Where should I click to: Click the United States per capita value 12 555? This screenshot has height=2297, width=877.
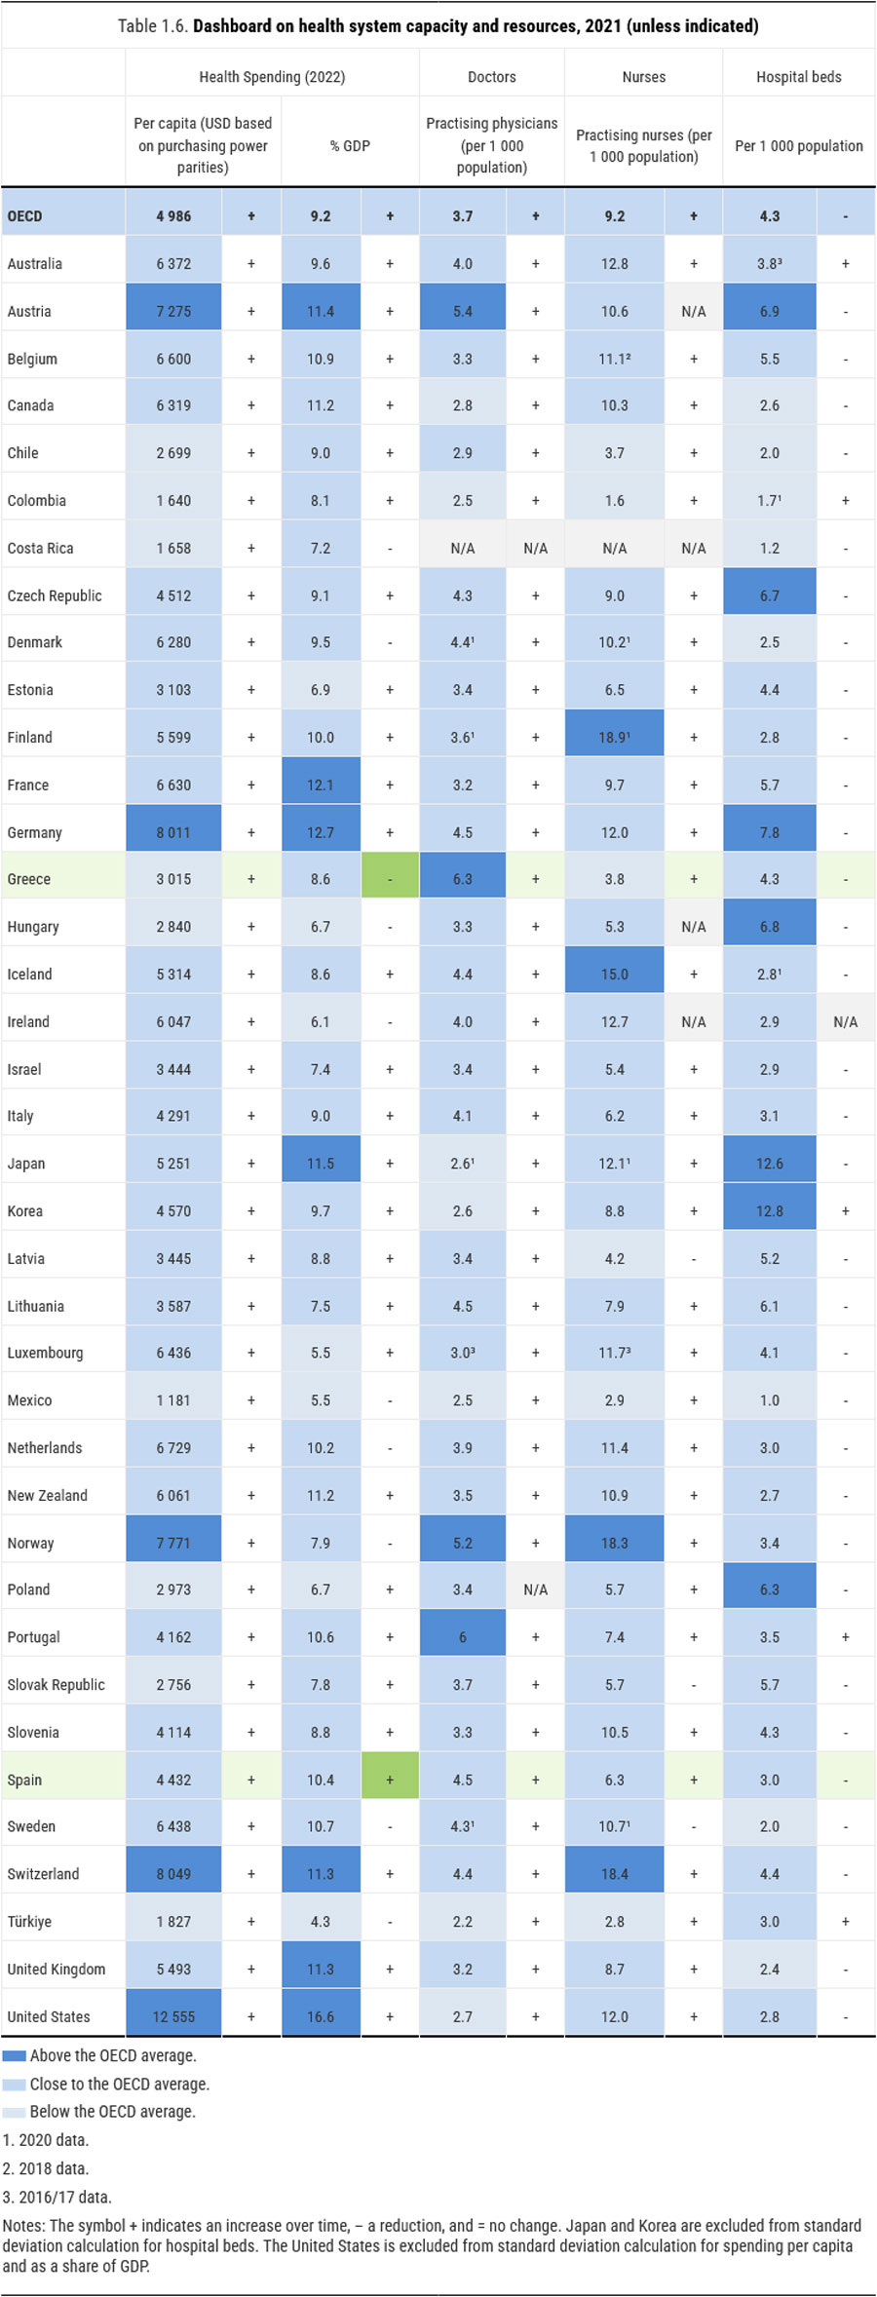[173, 2016]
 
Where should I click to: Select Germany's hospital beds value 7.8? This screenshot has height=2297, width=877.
[769, 832]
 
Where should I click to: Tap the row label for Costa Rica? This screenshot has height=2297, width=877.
[40, 548]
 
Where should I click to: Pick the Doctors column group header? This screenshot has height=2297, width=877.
[491, 77]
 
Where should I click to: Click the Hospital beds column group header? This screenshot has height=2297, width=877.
[798, 77]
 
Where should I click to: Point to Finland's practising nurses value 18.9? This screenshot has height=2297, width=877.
[614, 737]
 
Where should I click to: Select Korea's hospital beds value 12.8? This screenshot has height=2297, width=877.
[769, 1210]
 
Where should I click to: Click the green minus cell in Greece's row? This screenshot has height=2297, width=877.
[390, 879]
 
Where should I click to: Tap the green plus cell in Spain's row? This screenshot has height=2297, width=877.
[390, 1780]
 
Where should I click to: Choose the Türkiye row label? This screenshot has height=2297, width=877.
[29, 1921]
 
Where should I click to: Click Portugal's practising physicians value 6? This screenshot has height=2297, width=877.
[462, 1637]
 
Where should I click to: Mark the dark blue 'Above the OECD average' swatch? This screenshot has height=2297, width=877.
[14, 2055]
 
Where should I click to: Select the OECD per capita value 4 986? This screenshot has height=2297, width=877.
[173, 216]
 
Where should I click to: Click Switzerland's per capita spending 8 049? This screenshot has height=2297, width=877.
[173, 1874]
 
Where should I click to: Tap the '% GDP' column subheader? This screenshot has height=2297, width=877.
[350, 146]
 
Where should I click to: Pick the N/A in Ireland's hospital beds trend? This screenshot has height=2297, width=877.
[845, 1021]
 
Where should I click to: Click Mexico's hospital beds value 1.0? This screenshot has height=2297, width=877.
[769, 1400]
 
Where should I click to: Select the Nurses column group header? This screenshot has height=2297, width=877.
[643, 77]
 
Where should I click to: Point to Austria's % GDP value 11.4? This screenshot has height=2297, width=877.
[321, 311]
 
